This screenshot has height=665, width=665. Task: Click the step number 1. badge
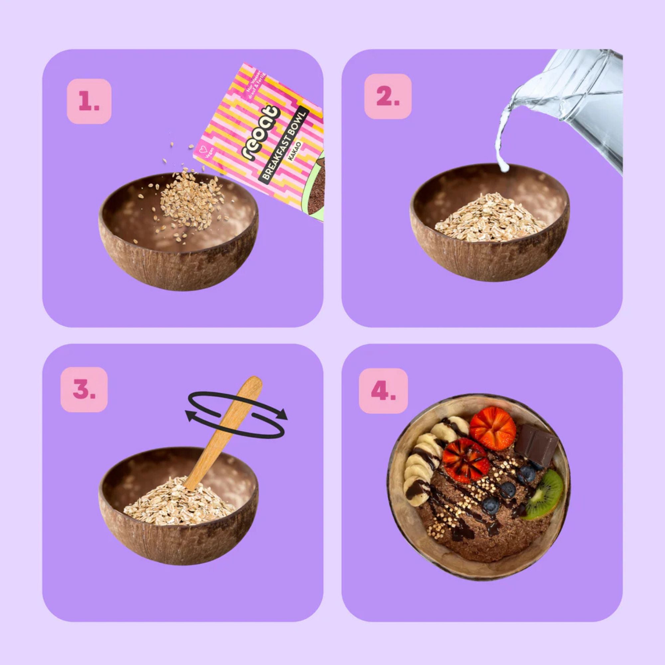[89, 101]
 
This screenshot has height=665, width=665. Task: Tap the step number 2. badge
[388, 97]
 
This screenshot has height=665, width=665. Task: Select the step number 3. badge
[84, 389]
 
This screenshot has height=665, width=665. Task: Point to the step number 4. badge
[383, 391]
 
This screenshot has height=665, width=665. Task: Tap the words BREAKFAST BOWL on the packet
[284, 145]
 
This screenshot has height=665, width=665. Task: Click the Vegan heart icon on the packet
[203, 150]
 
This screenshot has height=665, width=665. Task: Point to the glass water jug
[585, 103]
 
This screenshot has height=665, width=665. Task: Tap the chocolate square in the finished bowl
[537, 444]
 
